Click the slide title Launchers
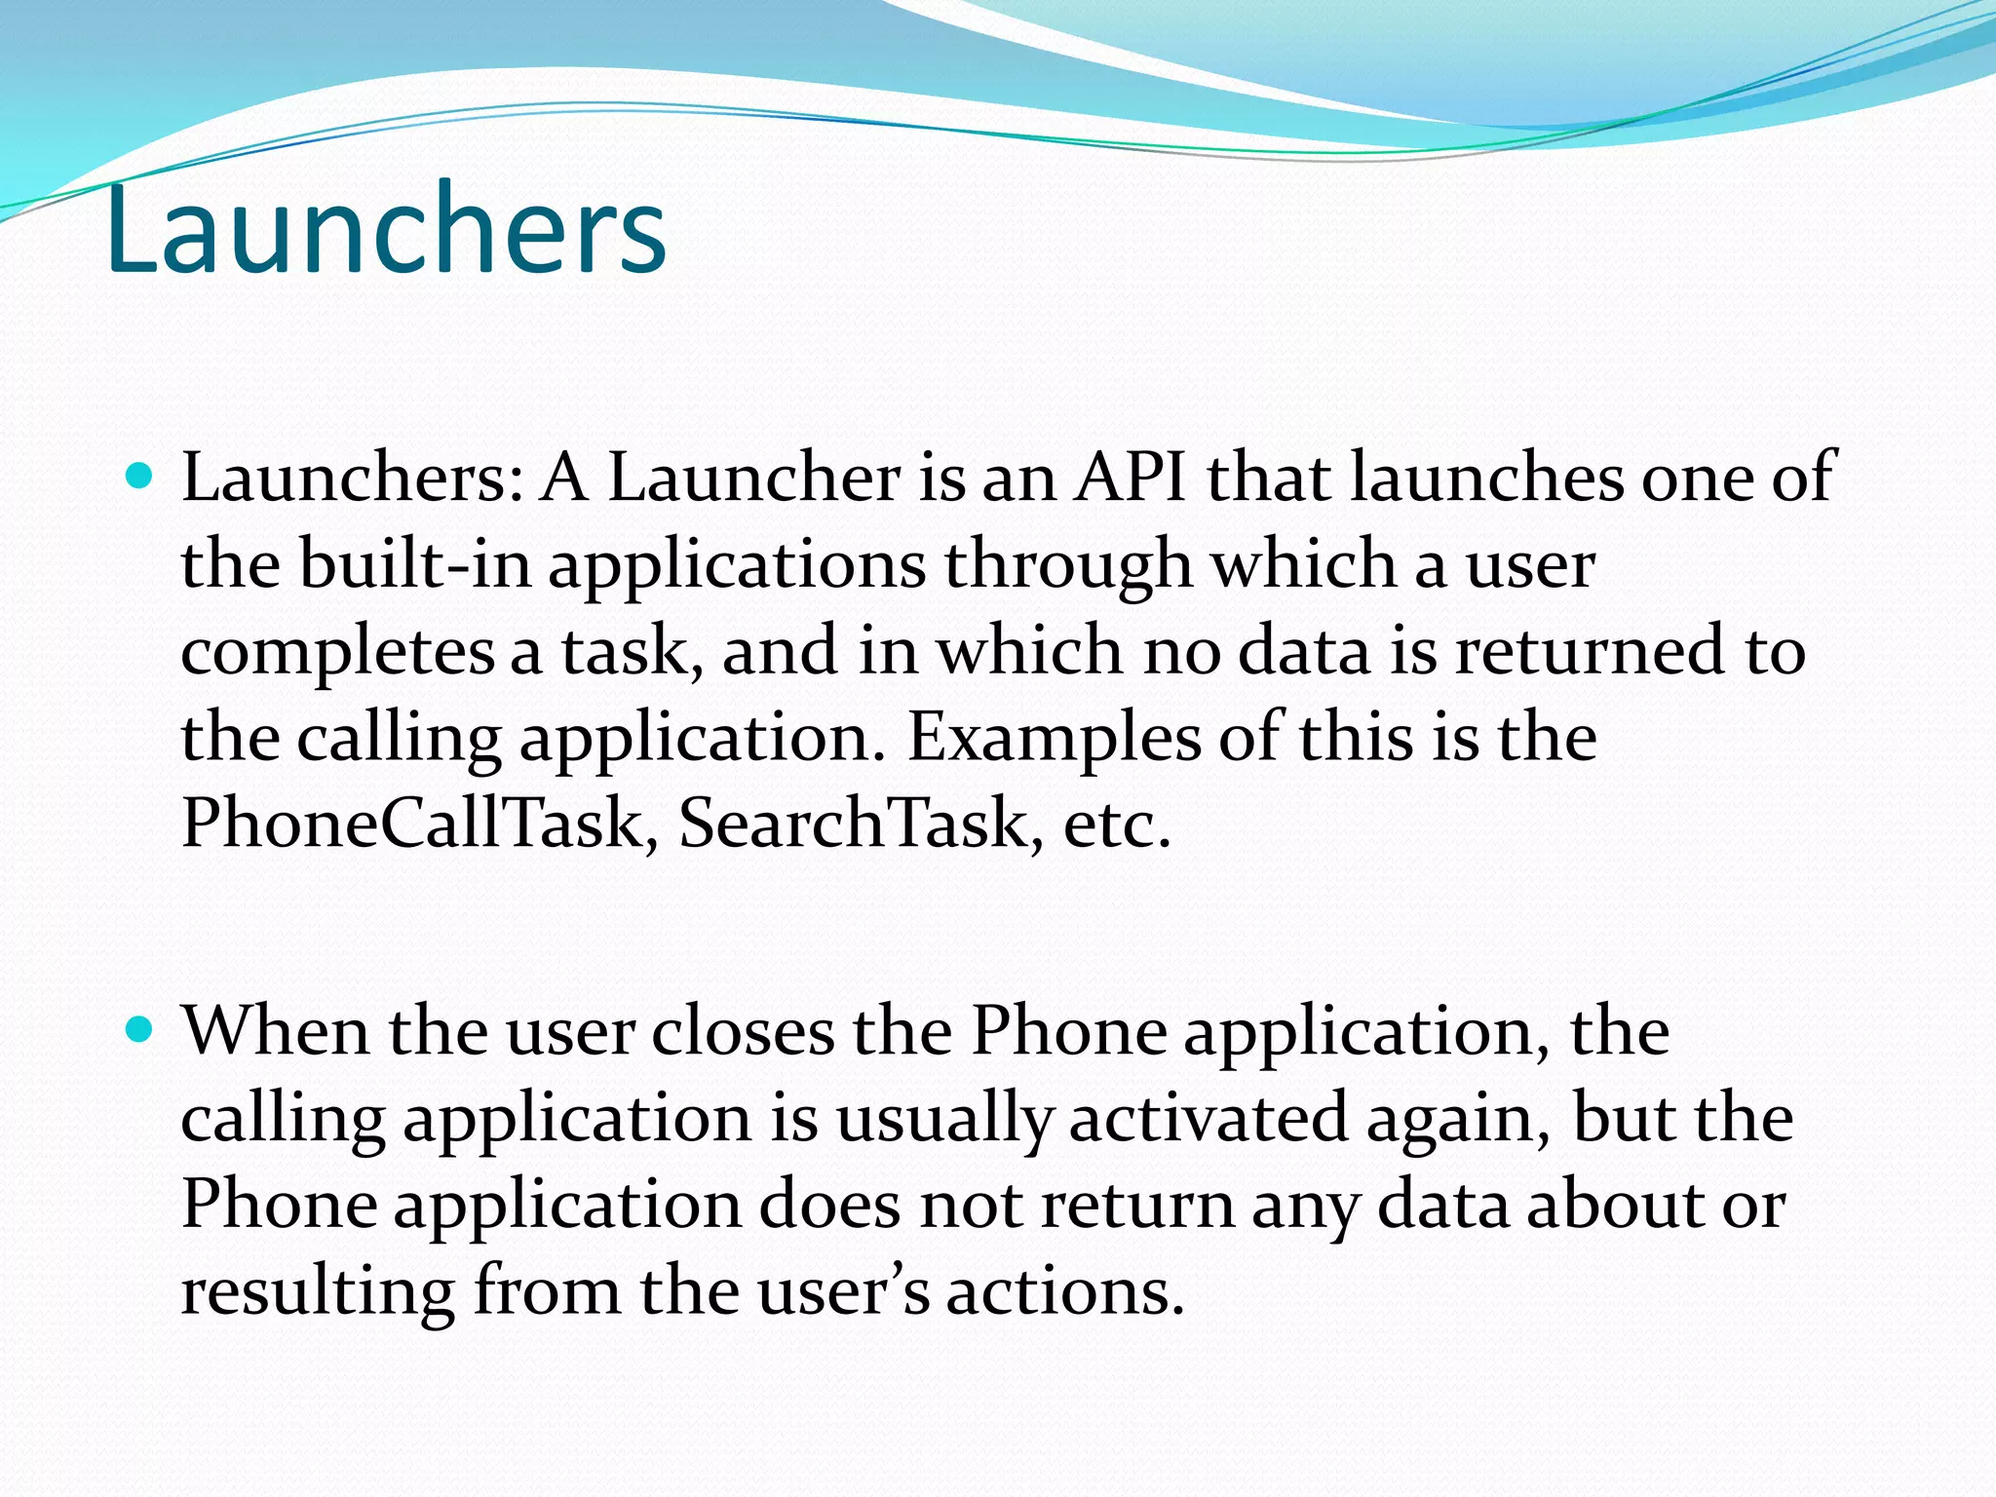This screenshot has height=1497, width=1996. [x=386, y=230]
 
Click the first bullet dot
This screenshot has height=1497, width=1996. [x=141, y=477]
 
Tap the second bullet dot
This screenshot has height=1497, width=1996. [x=141, y=1029]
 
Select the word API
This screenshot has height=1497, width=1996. [x=1131, y=478]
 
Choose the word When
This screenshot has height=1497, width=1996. [x=276, y=1030]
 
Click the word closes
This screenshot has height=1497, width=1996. [x=743, y=1031]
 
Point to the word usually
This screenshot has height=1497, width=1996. [x=944, y=1119]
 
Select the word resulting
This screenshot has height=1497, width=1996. [x=318, y=1292]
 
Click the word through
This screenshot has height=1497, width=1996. [x=1068, y=565]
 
